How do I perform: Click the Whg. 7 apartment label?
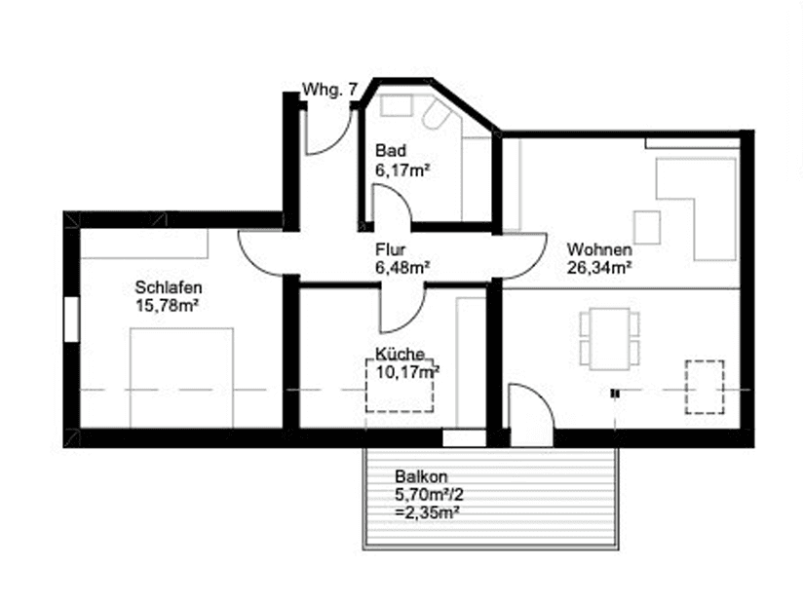coord(329,90)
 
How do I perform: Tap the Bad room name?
coord(391,151)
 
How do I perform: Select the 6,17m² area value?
coord(402,170)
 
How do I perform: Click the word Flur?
coord(390,249)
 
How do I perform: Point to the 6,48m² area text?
coord(402,268)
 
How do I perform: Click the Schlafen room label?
coord(169,287)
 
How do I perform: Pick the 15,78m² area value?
coord(167,306)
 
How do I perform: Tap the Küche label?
coord(400,354)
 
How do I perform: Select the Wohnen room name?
coord(599,249)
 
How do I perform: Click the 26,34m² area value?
coord(598,268)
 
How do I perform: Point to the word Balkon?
coord(421,476)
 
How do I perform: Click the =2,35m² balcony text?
coord(427,512)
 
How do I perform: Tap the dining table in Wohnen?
coord(609,338)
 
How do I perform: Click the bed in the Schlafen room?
coord(181,378)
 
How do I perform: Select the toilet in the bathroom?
coord(435,112)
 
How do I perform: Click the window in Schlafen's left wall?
coord(72,319)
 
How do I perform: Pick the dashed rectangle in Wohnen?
coord(705,387)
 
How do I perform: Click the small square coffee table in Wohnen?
coord(647,227)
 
